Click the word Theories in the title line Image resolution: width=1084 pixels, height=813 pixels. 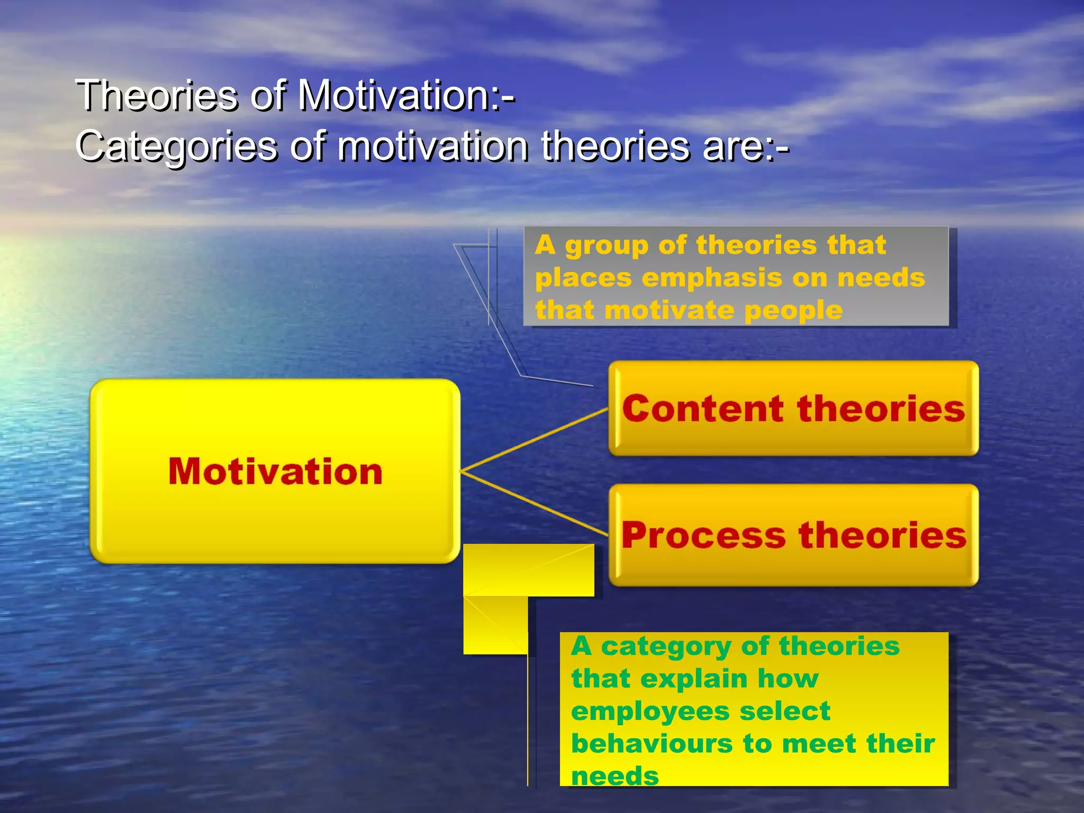[x=157, y=96]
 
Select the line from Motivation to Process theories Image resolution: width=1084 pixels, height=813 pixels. [x=535, y=503]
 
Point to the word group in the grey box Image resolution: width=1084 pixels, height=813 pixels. [x=607, y=246]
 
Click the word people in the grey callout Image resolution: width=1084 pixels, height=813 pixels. [x=793, y=311]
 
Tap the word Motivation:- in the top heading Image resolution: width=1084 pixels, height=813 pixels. [x=406, y=96]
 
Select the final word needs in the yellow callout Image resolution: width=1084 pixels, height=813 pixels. [x=615, y=776]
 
